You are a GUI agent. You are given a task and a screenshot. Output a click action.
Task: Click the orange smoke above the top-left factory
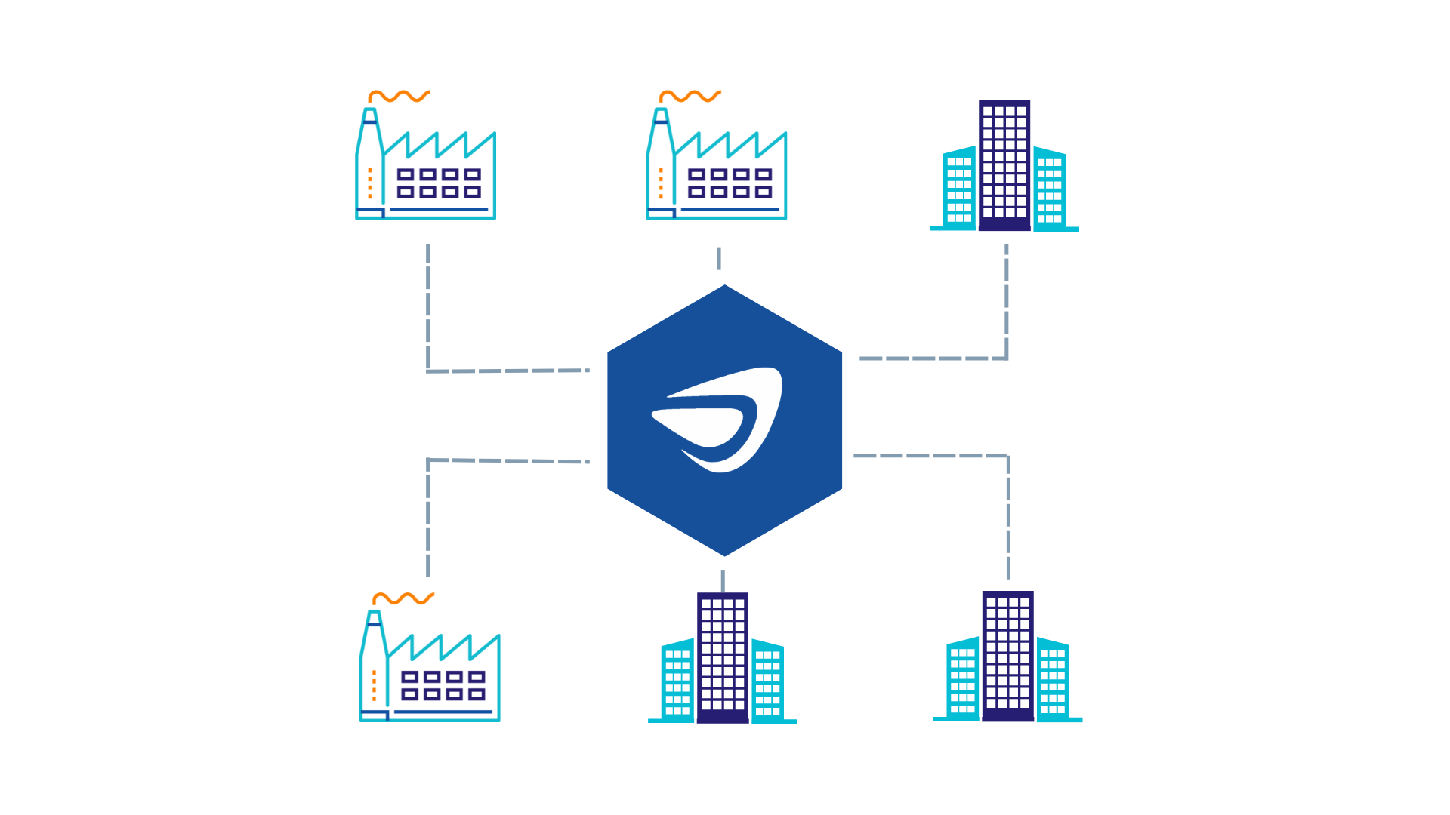(x=399, y=96)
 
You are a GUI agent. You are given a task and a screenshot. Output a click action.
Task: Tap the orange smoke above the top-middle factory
(x=690, y=96)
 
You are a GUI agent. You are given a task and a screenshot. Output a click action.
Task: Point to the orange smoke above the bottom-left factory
(x=403, y=598)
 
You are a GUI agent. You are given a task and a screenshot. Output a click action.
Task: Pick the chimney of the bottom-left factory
(x=374, y=664)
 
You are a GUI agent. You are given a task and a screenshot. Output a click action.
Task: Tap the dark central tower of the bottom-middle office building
(x=723, y=657)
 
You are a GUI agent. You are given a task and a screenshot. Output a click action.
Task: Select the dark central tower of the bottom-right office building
(x=1007, y=655)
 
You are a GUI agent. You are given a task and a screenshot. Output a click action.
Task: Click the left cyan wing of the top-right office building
(x=959, y=189)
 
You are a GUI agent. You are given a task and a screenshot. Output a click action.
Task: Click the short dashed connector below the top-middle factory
(x=719, y=258)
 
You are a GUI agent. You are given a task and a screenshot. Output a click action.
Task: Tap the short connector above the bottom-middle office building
(x=723, y=580)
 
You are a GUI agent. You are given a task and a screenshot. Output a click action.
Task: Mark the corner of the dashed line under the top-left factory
(x=428, y=371)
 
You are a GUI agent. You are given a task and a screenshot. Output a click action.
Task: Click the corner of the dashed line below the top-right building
(x=1007, y=358)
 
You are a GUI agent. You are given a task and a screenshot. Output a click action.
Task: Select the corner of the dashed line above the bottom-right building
(x=1007, y=456)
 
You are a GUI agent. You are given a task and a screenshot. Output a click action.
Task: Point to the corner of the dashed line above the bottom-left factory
(x=428, y=460)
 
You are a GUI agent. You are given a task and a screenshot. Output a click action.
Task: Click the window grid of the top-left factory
(x=439, y=183)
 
